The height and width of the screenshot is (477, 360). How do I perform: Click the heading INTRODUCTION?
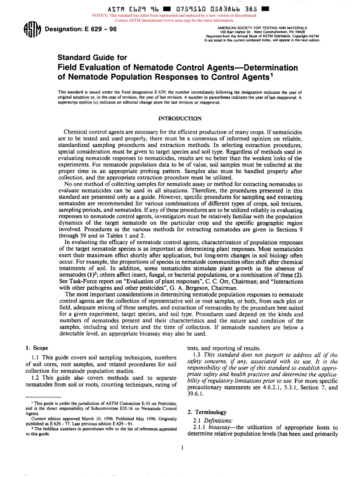tap(180, 119)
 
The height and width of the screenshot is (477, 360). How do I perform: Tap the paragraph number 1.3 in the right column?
tap(198, 355)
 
